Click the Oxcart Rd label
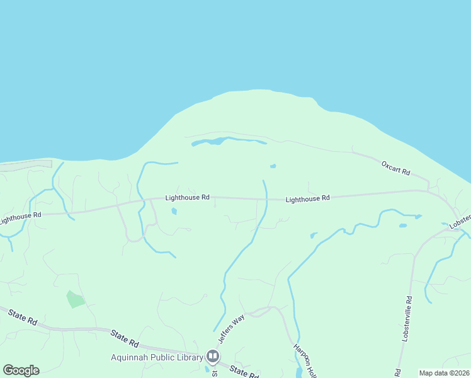coord(395,168)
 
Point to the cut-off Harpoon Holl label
coord(302,358)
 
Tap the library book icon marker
coord(213,357)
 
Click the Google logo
coord(21,370)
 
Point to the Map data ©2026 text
coord(444,373)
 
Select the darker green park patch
coord(76,299)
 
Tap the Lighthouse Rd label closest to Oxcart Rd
coord(307,198)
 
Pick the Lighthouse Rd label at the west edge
coord(20,217)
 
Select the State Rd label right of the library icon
coord(244,372)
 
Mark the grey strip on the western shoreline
coord(25,166)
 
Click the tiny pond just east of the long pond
coord(273,166)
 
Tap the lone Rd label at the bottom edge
coord(397,373)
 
